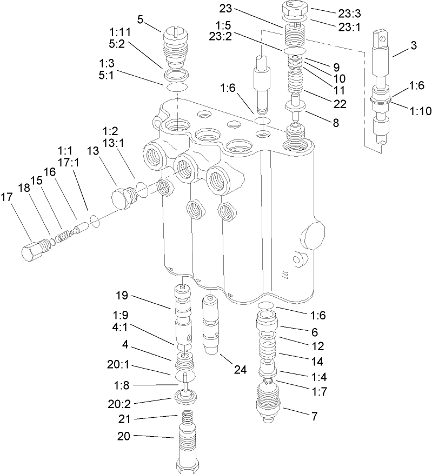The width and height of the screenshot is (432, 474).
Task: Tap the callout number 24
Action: pos(240,370)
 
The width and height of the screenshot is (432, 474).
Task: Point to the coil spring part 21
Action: pos(186,419)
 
